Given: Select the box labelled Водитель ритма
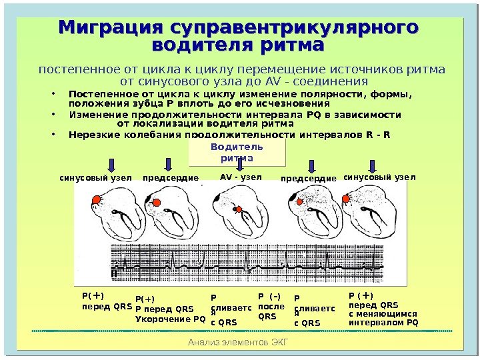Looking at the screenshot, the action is [237, 152].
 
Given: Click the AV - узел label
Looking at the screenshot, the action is [241, 177].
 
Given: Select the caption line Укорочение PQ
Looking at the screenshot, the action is [171, 319].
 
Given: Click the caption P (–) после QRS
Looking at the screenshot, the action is [271, 307].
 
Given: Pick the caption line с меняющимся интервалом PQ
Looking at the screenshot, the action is [383, 318].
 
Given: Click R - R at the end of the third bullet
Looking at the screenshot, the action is [378, 135].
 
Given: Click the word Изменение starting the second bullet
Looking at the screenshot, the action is [94, 114].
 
